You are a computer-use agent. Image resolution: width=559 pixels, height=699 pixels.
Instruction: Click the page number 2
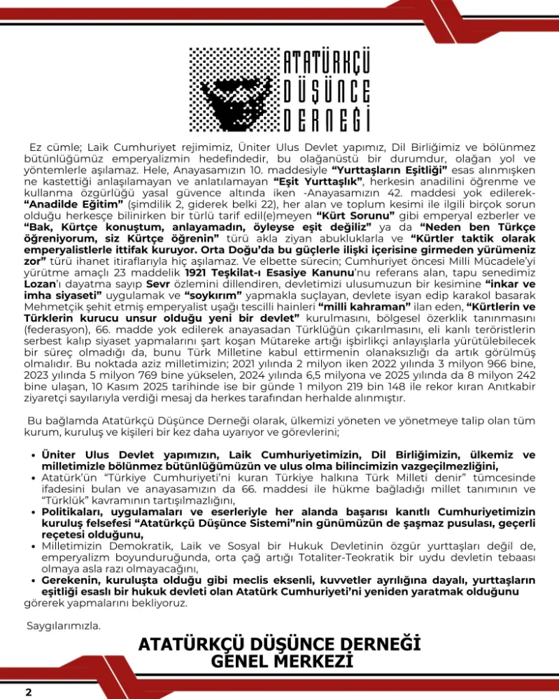[x=29, y=692]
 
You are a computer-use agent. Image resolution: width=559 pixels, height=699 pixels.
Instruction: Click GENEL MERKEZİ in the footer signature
[x=280, y=661]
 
